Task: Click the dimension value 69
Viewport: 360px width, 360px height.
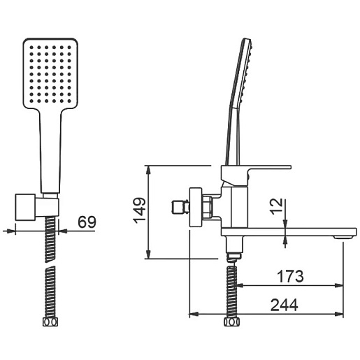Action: point(87,222)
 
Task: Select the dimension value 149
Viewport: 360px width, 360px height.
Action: point(139,211)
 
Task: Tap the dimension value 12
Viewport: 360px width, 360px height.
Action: point(277,206)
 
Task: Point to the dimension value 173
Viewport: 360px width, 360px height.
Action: point(290,276)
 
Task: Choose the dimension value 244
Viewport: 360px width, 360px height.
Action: point(285,305)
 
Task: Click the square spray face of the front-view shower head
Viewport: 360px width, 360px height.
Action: point(50,73)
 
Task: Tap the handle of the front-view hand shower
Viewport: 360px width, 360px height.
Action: point(50,152)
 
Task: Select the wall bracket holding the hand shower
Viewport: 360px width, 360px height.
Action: point(37,207)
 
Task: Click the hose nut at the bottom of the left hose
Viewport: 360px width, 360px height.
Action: point(50,322)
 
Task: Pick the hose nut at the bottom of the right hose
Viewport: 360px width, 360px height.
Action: point(232,322)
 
